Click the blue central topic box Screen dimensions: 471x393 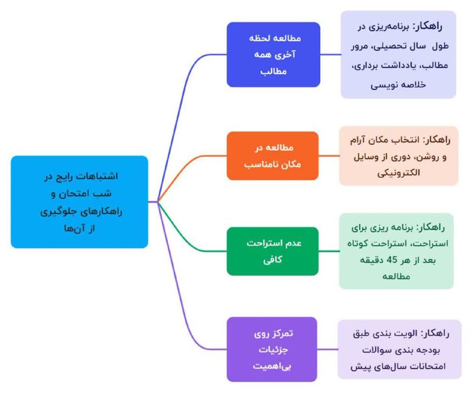[x=79, y=202]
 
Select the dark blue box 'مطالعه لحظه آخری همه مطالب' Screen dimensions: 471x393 [x=273, y=54]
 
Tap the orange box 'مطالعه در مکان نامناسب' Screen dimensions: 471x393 [x=273, y=156]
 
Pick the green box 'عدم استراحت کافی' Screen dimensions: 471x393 [x=273, y=251]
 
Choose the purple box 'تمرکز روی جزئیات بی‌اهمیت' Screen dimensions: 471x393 [x=272, y=349]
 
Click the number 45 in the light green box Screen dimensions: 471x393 [x=392, y=260]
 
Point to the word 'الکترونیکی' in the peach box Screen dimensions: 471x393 [x=399, y=173]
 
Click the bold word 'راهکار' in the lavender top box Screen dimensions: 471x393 [x=427, y=27]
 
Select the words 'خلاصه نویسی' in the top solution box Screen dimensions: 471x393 [x=399, y=85]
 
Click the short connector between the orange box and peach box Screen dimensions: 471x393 [x=329, y=156]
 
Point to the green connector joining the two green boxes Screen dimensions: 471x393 [x=329, y=251]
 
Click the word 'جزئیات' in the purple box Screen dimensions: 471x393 [x=273, y=350]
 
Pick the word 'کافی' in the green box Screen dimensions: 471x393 [x=273, y=260]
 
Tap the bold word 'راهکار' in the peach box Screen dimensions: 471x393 [x=436, y=140]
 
